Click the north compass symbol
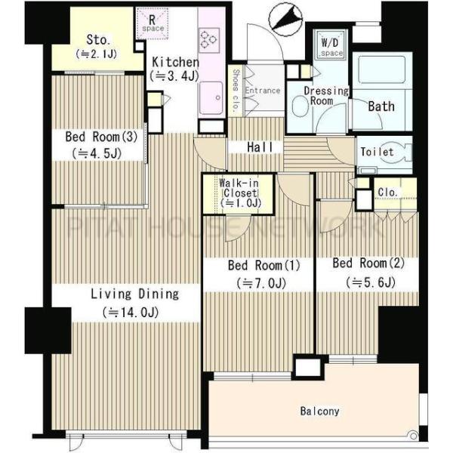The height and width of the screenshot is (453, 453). [285, 19]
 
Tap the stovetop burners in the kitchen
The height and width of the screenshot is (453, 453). [209, 39]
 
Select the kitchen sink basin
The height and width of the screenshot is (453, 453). [211, 97]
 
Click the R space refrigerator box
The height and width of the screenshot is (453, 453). [153, 23]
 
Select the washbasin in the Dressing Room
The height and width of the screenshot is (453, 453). [300, 106]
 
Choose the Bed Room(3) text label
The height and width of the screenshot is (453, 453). [101, 137]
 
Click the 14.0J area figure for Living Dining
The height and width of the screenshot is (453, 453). [131, 313]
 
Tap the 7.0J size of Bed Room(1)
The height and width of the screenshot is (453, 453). [261, 283]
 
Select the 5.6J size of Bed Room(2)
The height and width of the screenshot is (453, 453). [371, 282]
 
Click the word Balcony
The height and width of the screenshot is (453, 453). [319, 411]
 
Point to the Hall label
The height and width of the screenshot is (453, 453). [260, 147]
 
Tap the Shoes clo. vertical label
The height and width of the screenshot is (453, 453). [236, 91]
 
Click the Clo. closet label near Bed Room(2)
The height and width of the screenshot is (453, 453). [388, 192]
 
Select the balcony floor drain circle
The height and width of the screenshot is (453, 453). [414, 435]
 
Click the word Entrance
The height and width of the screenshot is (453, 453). [263, 91]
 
